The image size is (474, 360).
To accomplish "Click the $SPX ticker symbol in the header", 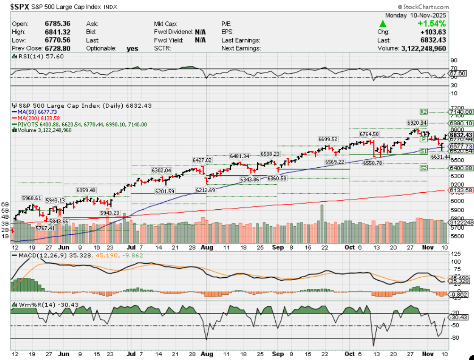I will point(22,7).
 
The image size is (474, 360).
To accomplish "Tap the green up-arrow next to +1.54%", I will point(383,24).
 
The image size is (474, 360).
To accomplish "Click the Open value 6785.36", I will point(58,24).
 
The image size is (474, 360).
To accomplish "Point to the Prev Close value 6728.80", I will point(58,48).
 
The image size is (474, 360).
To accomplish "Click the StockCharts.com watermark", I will point(423,7).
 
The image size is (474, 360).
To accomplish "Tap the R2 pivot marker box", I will point(424,112).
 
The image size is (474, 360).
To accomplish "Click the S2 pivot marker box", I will point(424,168).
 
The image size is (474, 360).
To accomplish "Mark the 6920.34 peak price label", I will point(417,123).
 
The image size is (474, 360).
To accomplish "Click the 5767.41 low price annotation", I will point(45,228).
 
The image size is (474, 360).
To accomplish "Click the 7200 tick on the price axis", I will point(456,108).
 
